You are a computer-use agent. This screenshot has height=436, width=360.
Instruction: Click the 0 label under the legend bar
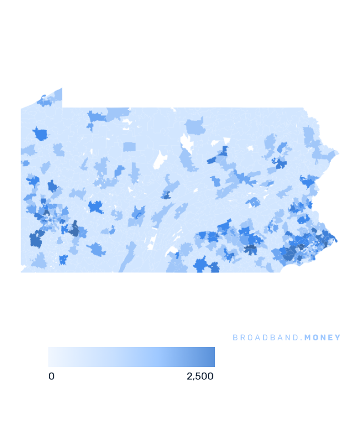pyautogui.click(x=52, y=376)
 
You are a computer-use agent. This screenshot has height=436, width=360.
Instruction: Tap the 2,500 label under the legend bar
pyautogui.click(x=200, y=376)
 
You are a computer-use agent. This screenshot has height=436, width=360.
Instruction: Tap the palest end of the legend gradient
pyautogui.click(x=51, y=357)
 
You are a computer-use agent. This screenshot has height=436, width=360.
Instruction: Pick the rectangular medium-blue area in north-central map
pyautogui.click(x=129, y=147)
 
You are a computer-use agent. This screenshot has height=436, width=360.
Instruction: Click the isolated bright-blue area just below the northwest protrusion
pyautogui.click(x=40, y=134)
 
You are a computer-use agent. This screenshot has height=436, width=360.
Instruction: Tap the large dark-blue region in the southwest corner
pyautogui.click(x=37, y=240)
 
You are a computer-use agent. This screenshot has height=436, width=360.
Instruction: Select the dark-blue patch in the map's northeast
pyautogui.click(x=279, y=163)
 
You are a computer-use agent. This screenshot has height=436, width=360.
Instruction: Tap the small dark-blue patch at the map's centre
pyautogui.click(x=166, y=195)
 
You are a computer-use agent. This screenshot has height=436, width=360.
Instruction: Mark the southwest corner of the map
pyautogui.click(x=22, y=271)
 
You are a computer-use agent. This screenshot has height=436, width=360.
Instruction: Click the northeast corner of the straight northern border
pyautogui.click(x=303, y=108)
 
